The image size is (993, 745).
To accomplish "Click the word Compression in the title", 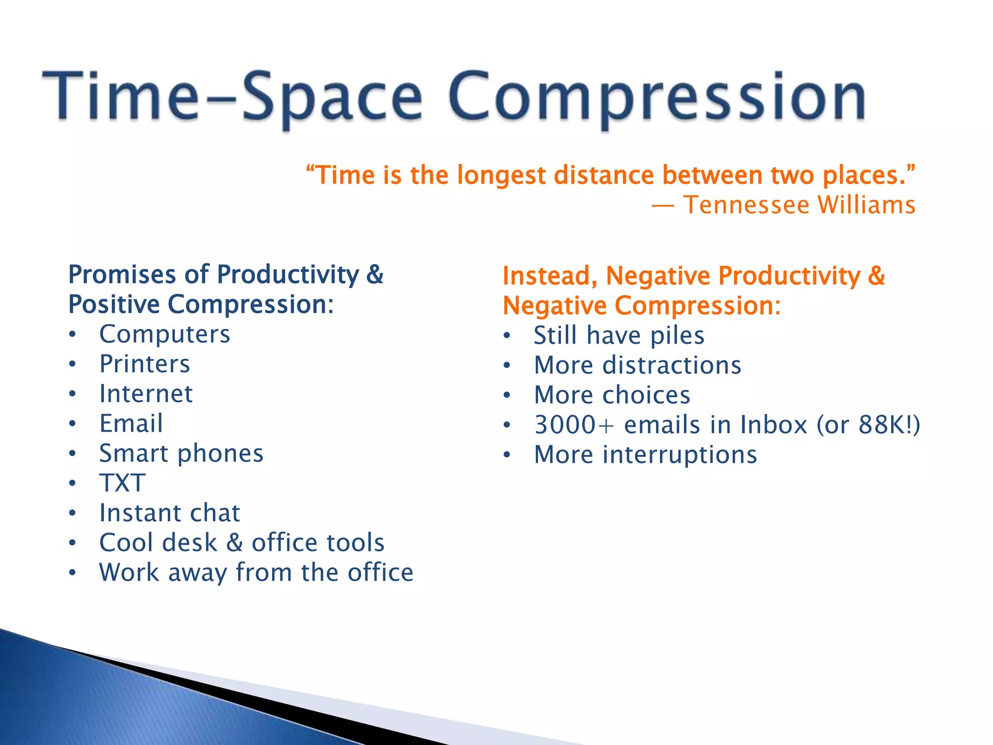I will coord(657,97).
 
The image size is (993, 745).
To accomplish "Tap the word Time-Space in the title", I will coord(233,97).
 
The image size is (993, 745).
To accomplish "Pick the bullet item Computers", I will coord(164,335).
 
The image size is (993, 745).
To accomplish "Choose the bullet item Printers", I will coord(144,364).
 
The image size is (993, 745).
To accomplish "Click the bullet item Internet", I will coord(145,394).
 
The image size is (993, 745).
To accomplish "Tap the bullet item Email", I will coord(131,423).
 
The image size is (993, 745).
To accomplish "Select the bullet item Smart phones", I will coord(181,454).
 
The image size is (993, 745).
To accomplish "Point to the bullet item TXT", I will coord(122,483).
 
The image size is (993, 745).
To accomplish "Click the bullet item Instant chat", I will coord(169,513).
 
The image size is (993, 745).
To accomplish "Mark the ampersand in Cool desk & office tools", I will coord(235,543).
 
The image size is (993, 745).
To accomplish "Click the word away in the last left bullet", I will coord(197,573).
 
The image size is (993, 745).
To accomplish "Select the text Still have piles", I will coord(619,336).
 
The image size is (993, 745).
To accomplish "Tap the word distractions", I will coord(672,365).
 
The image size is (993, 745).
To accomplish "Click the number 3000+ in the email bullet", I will coord(574,425).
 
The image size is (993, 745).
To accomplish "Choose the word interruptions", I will coord(679,455).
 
